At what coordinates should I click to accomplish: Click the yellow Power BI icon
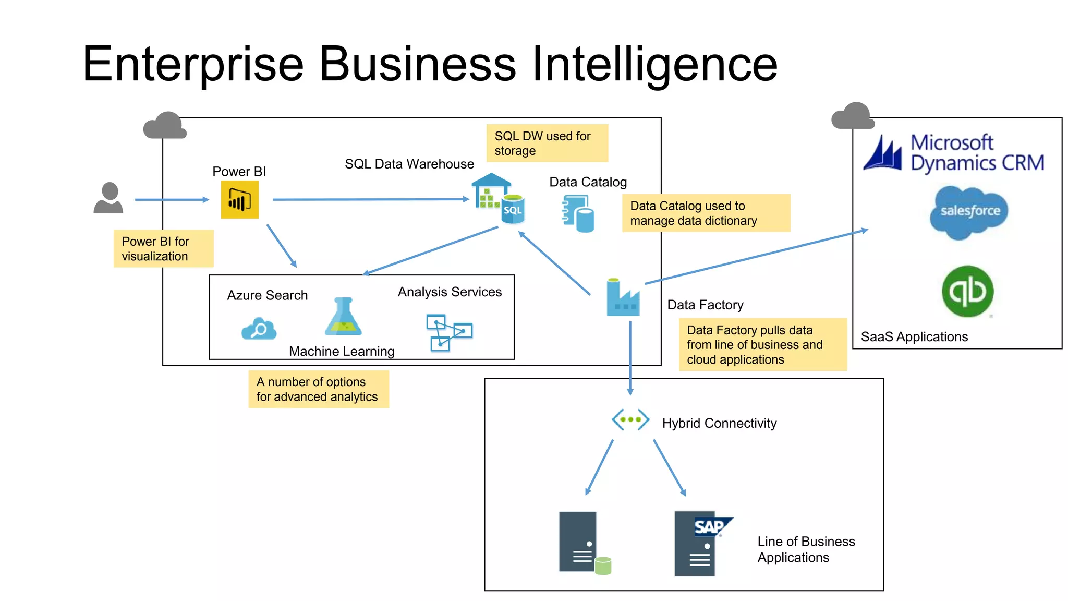tap(239, 200)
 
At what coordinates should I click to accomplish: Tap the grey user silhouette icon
tap(108, 198)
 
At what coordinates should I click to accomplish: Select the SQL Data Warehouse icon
tap(498, 199)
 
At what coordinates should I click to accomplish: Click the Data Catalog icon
tap(578, 213)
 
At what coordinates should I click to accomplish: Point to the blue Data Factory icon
tap(623, 298)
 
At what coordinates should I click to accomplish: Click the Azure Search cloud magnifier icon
tap(259, 329)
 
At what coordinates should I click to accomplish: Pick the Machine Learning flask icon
tap(343, 317)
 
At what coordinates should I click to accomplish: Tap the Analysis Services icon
tap(448, 332)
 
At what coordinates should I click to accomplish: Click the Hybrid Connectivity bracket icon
tap(630, 419)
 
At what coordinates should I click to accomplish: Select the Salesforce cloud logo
tap(969, 212)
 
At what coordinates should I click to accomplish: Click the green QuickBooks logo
tap(967, 292)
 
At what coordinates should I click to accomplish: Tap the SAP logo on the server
tap(710, 526)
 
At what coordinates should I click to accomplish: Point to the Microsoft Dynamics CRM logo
tap(954, 153)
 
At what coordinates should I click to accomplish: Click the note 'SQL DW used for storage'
tap(547, 143)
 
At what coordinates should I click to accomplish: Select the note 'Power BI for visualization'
tap(163, 249)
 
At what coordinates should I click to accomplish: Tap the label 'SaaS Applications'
tap(914, 337)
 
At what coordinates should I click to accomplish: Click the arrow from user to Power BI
tap(172, 200)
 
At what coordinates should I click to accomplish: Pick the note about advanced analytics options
tap(318, 389)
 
